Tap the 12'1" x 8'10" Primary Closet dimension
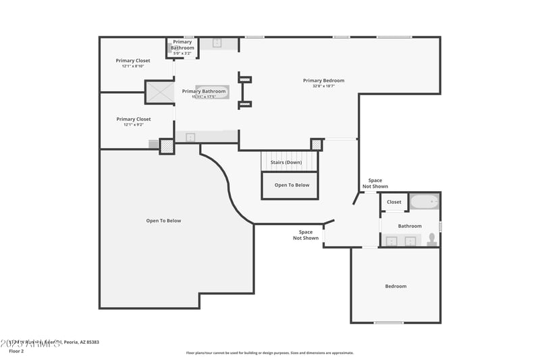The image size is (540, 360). click(133, 66)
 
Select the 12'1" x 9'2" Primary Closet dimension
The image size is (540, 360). click(133, 124)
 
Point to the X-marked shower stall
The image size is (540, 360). click(160, 92)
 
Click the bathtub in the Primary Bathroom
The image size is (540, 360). click(212, 92)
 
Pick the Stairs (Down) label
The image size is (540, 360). click(286, 162)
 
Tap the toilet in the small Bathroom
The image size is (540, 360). click(432, 239)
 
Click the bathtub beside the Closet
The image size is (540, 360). click(425, 201)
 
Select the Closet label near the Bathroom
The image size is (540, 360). click(394, 202)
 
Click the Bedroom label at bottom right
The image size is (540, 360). click(396, 286)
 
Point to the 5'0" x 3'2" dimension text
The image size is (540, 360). click(182, 53)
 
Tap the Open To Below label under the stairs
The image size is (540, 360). click(292, 185)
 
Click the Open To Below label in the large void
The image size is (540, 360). click(163, 221)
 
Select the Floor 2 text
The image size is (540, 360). click(16, 351)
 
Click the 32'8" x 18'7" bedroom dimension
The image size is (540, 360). click(323, 86)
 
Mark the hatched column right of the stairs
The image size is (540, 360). click(316, 145)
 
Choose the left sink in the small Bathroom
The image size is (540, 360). click(391, 240)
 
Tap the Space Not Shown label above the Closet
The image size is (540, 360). click(375, 183)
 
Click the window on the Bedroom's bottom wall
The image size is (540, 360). click(389, 323)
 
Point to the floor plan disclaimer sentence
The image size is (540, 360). click(269, 353)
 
